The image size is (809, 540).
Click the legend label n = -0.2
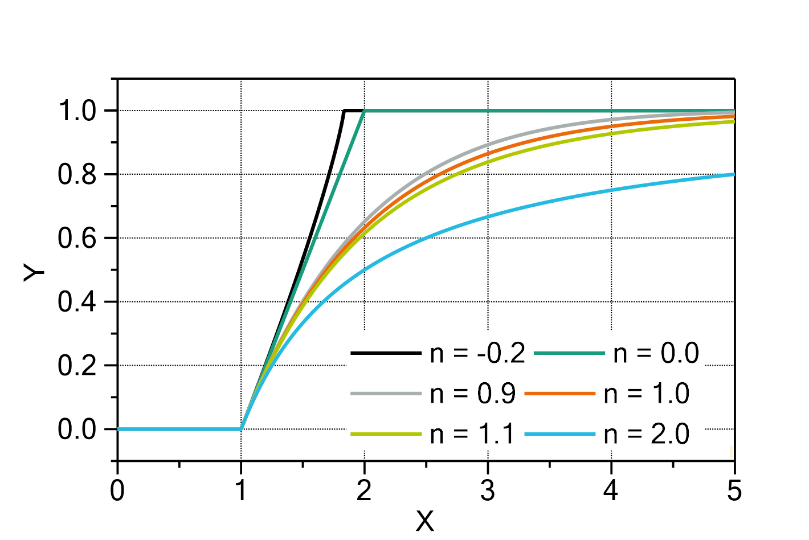coord(477,354)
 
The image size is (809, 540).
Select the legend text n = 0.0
coord(656,354)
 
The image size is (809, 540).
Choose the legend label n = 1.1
coord(473,435)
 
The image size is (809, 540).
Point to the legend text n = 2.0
coord(647,435)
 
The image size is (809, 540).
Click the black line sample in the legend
coord(386,354)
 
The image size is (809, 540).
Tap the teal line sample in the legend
coord(569,354)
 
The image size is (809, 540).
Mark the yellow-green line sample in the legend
coord(386,435)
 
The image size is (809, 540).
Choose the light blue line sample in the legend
coord(559,435)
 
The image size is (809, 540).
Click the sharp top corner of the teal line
coord(365,111)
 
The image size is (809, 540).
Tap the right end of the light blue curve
coord(733,174)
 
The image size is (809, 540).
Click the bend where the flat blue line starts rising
coord(242,429)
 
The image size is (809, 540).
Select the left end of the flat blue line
coord(119,429)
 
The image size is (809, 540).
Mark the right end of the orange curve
coord(733,116)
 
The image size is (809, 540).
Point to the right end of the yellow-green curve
coord(733,121)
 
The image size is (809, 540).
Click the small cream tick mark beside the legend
coord(731,452)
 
